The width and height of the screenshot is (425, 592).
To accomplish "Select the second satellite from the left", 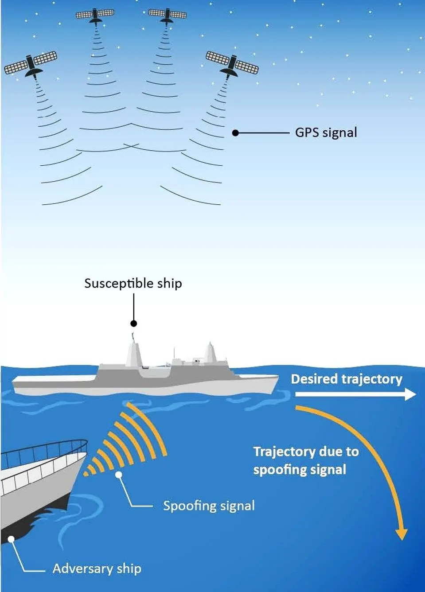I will (95, 15).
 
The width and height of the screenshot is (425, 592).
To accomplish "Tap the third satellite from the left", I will (167, 14).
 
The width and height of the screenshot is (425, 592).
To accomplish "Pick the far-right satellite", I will (231, 64).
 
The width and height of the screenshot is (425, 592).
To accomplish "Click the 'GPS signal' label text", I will (326, 132).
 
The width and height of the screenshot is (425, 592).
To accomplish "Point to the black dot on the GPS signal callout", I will (235, 132).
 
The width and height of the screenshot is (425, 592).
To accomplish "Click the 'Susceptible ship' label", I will (133, 284).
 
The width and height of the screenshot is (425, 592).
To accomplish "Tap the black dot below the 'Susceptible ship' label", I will (133, 323).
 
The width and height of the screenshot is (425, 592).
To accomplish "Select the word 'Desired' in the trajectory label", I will (314, 379).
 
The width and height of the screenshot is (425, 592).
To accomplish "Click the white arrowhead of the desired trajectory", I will (410, 394).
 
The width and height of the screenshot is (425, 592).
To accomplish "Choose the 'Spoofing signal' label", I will (209, 506).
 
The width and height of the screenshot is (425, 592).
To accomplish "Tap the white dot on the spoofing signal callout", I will (119, 475).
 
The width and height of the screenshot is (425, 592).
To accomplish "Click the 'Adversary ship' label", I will (97, 569).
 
